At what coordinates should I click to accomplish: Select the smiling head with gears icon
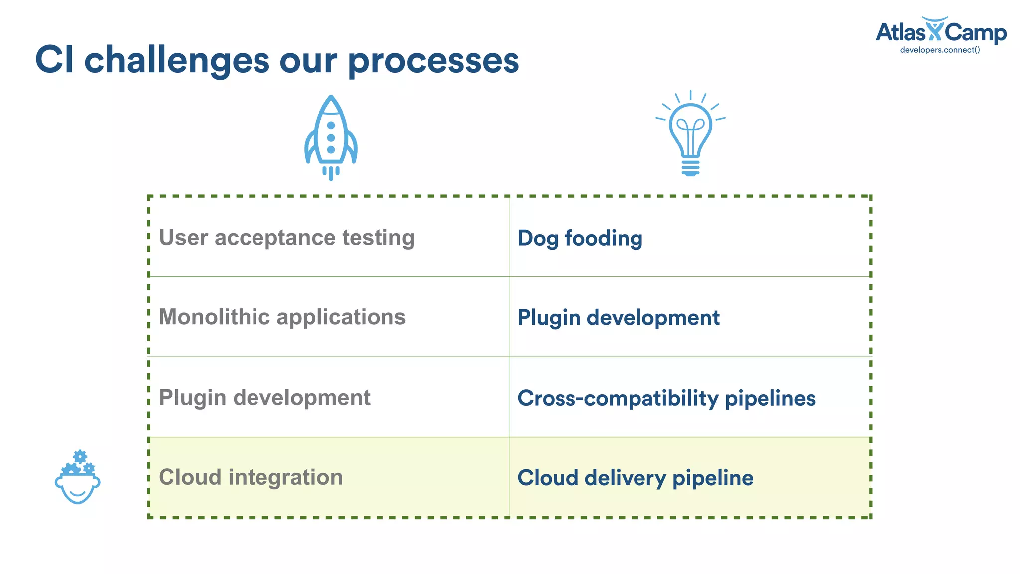78,478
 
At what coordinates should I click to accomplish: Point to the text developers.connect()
940,50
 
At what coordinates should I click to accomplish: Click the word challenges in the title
177,60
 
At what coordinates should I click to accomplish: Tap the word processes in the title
433,61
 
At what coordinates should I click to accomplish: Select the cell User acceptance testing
287,237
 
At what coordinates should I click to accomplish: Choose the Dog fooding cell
580,238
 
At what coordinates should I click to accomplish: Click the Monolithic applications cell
282,317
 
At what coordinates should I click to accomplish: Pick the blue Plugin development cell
619,317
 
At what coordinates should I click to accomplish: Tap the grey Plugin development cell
264,397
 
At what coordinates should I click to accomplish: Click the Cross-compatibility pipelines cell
666,398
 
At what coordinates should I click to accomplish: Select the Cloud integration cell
251,477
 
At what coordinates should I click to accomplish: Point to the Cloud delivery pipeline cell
635,477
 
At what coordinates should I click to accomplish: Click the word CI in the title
54,60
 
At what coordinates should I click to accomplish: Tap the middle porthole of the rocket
331,138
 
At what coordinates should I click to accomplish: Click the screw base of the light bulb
690,167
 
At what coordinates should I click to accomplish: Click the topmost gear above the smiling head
80,456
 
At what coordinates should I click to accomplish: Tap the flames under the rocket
331,173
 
